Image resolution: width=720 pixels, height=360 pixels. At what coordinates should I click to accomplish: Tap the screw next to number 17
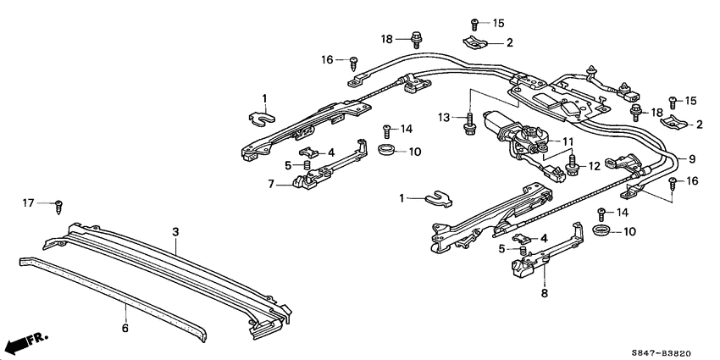pyautogui.click(x=58, y=204)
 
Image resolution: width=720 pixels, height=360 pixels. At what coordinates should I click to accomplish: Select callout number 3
pyautogui.click(x=175, y=230)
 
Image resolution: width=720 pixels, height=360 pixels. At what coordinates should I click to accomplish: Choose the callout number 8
pyautogui.click(x=545, y=294)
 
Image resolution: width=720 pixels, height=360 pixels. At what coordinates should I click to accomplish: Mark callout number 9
pyautogui.click(x=691, y=158)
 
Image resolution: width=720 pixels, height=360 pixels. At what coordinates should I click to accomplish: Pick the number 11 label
pyautogui.click(x=568, y=141)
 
